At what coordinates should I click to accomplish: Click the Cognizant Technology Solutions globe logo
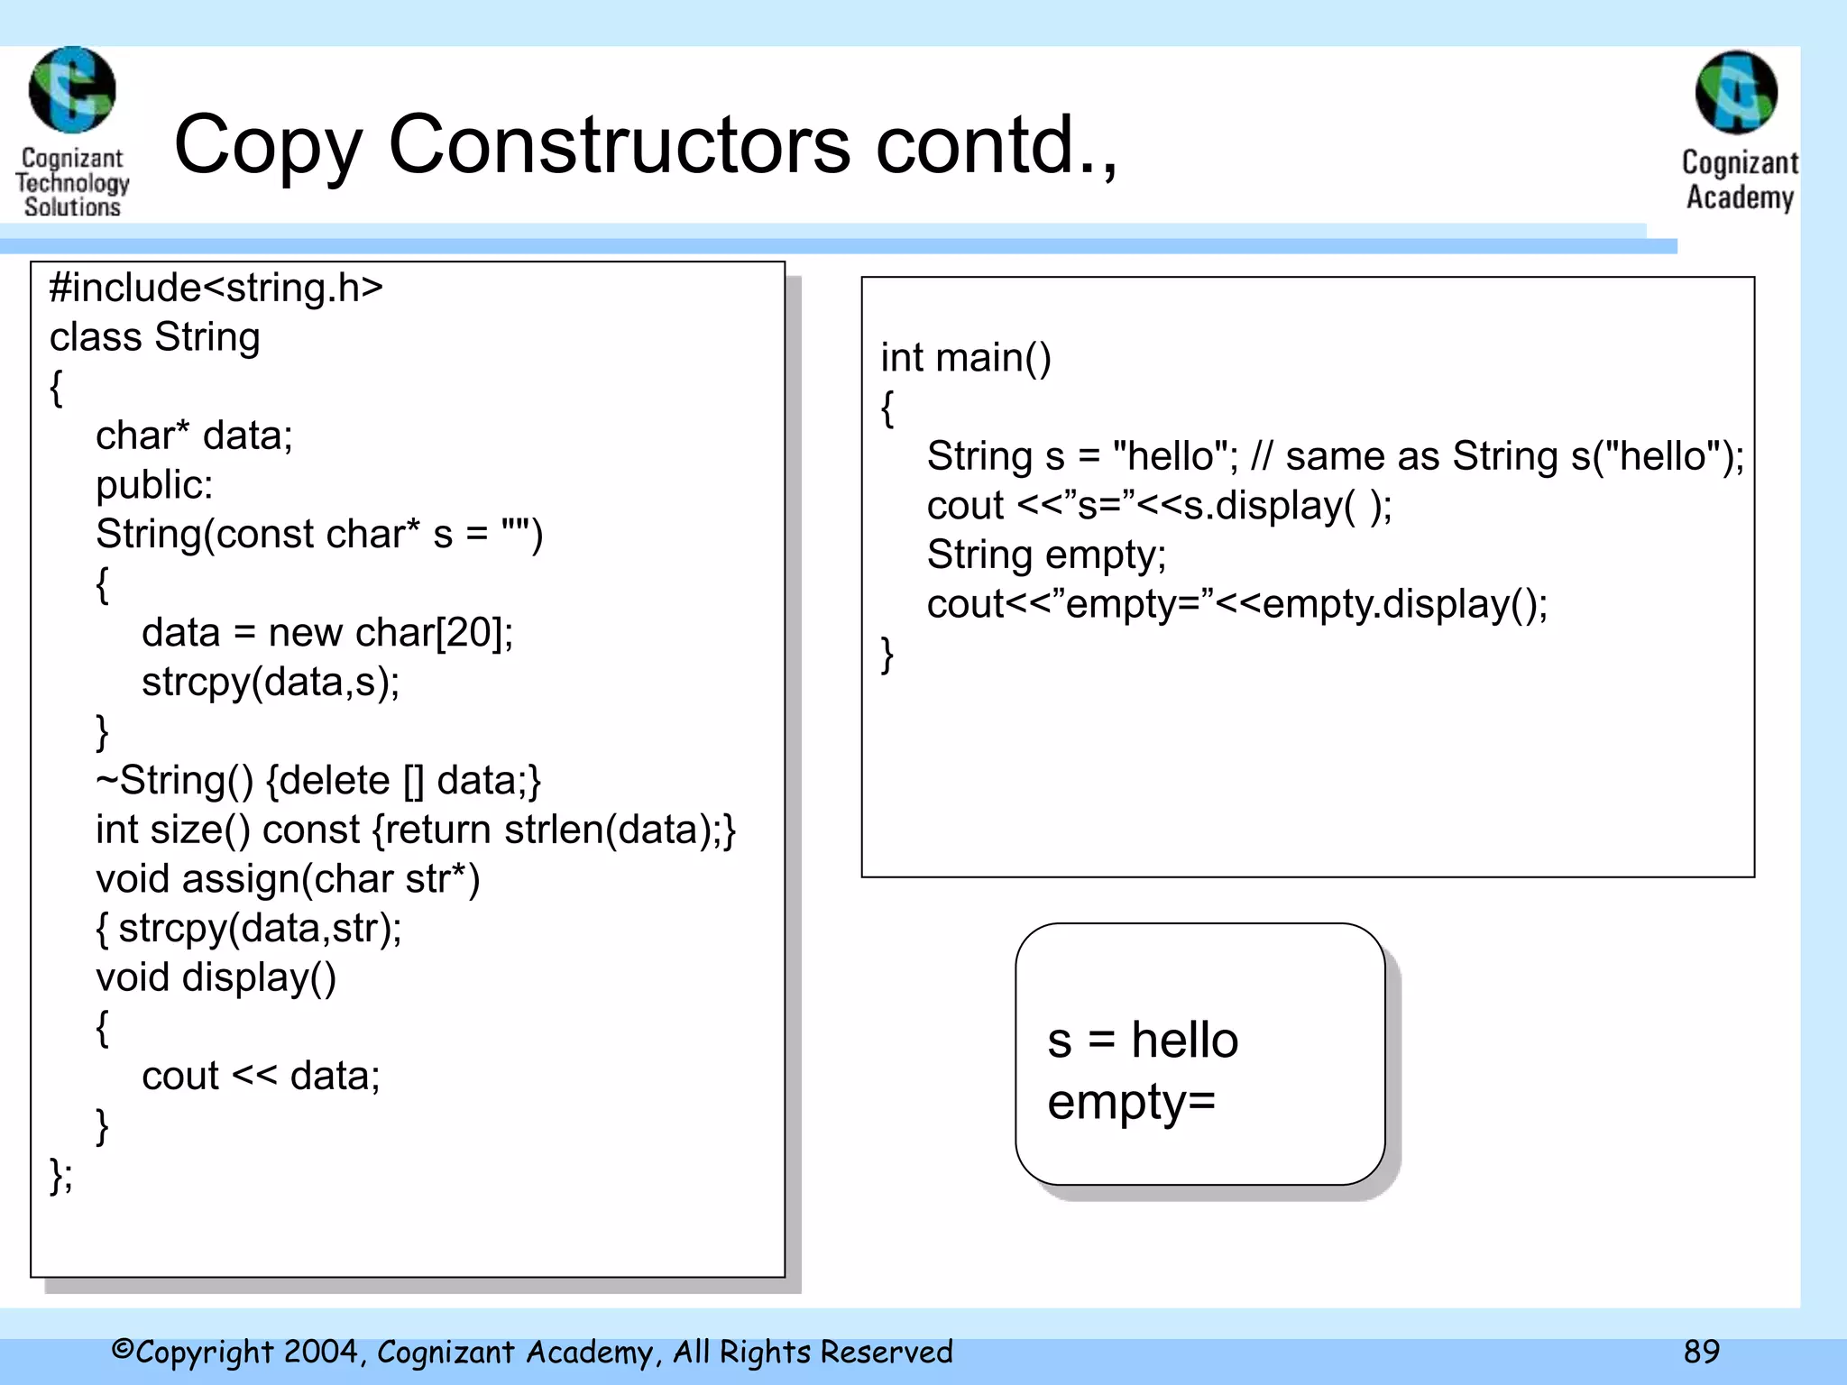72,90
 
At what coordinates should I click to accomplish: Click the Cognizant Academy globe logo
1736,92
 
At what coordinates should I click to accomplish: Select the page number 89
1701,1351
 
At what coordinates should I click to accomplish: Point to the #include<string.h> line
216,288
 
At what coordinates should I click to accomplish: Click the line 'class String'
154,337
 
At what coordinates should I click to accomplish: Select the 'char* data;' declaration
194,436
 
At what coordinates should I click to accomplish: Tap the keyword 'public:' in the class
154,485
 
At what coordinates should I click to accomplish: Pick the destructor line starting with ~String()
317,780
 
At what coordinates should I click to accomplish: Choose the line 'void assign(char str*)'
287,879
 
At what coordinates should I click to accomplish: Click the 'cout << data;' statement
261,1076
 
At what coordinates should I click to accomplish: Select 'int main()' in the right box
966,358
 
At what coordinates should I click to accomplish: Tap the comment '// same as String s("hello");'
1497,456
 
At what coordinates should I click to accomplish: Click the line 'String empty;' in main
1046,555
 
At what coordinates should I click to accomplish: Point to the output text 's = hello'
1143,1040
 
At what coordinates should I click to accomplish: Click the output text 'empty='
1131,1101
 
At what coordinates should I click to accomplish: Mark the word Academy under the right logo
1740,197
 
